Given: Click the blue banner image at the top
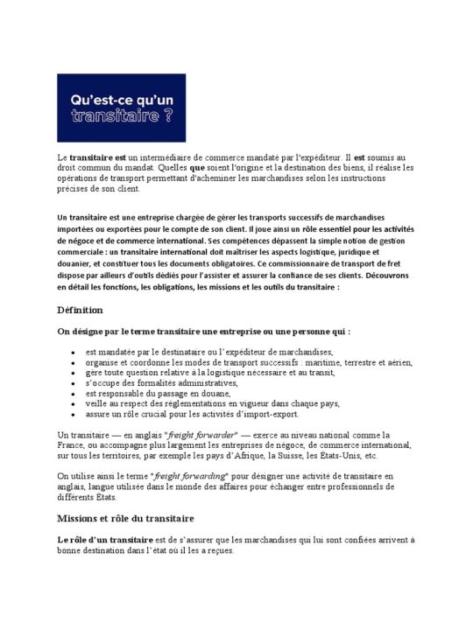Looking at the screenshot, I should (x=121, y=108).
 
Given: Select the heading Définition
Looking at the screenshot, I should (x=80, y=310).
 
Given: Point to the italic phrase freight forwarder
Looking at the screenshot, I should (x=197, y=434).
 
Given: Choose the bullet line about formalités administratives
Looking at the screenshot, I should (x=161, y=382).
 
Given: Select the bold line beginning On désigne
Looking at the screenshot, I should (x=203, y=332).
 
